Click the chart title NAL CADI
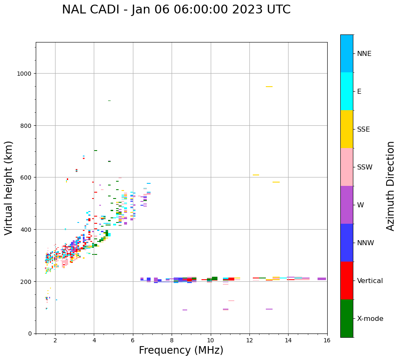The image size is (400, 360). (x=176, y=10)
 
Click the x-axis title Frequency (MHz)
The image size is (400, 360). (x=181, y=350)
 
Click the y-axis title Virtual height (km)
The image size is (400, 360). (x=9, y=188)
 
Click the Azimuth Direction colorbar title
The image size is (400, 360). (x=391, y=185)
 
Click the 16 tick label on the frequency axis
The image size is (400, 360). (x=327, y=341)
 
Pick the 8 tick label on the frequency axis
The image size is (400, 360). (x=172, y=341)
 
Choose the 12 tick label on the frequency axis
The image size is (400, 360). (x=249, y=341)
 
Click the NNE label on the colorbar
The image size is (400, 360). (x=364, y=53)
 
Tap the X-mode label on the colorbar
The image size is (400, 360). (x=370, y=318)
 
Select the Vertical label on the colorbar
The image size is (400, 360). (x=370, y=281)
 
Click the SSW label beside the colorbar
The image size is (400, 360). (x=365, y=167)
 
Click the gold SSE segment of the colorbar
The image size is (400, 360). (x=347, y=129)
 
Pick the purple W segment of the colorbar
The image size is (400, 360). (x=347, y=205)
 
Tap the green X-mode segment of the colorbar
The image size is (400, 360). (x=347, y=318)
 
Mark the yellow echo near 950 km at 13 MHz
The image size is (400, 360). (x=269, y=87)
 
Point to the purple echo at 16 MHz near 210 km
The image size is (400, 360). (x=322, y=279)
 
